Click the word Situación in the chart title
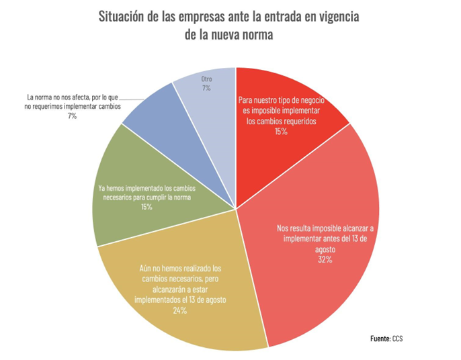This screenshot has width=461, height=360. tap(123, 15)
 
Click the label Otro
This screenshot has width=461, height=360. tap(206, 80)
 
